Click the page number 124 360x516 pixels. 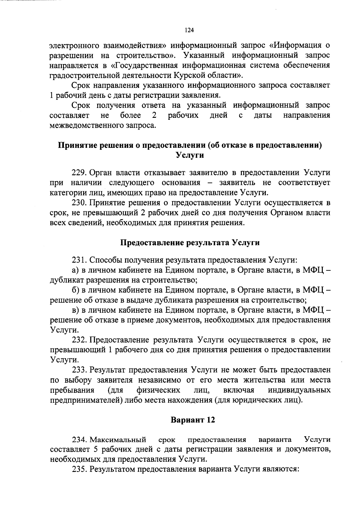click(x=189, y=30)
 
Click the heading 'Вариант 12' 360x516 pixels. click(x=193, y=420)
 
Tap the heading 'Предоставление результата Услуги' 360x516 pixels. click(x=190, y=243)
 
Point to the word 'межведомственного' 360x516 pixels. click(x=87, y=125)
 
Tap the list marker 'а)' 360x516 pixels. click(x=75, y=270)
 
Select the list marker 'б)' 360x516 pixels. click(x=75, y=290)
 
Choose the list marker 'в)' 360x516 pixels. click(x=75, y=310)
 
